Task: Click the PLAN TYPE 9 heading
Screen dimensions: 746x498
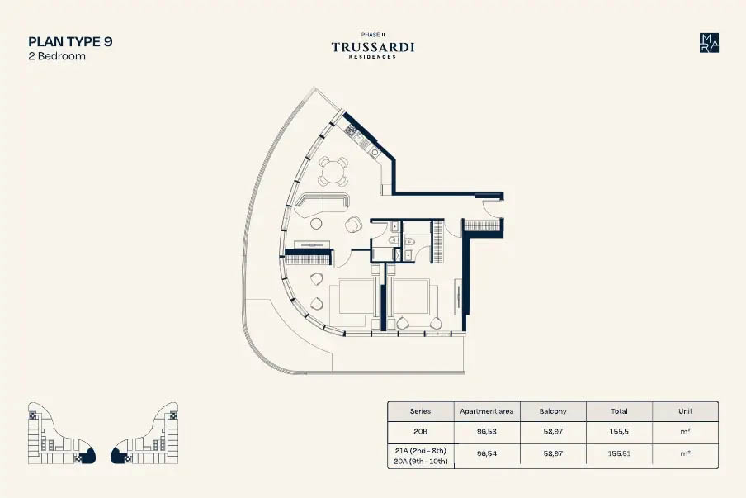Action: [x=70, y=41]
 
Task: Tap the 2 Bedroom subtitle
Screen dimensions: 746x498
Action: [x=57, y=55]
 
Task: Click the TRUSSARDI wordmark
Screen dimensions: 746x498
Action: [x=373, y=47]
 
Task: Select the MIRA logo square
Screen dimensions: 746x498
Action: [x=709, y=43]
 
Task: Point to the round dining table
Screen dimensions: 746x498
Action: [x=333, y=170]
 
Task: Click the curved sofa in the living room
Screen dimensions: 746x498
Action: [x=322, y=203]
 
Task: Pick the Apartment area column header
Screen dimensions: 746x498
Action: [x=487, y=411]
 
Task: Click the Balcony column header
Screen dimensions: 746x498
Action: [x=553, y=411]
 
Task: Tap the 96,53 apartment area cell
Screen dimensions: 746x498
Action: [x=487, y=432]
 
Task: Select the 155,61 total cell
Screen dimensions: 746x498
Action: [x=619, y=453]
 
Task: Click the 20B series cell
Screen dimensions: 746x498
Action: [x=420, y=432]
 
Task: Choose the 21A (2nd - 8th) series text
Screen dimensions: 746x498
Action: [x=420, y=450]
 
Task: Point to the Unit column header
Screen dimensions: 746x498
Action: [x=685, y=411]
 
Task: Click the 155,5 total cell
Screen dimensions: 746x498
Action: [x=619, y=432]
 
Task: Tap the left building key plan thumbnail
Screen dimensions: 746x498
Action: [x=62, y=434]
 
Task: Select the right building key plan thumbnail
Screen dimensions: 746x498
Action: [x=144, y=434]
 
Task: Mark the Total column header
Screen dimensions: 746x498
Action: [x=619, y=411]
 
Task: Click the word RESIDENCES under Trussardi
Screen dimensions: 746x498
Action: [x=372, y=57]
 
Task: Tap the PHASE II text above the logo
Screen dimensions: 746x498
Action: [x=373, y=35]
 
